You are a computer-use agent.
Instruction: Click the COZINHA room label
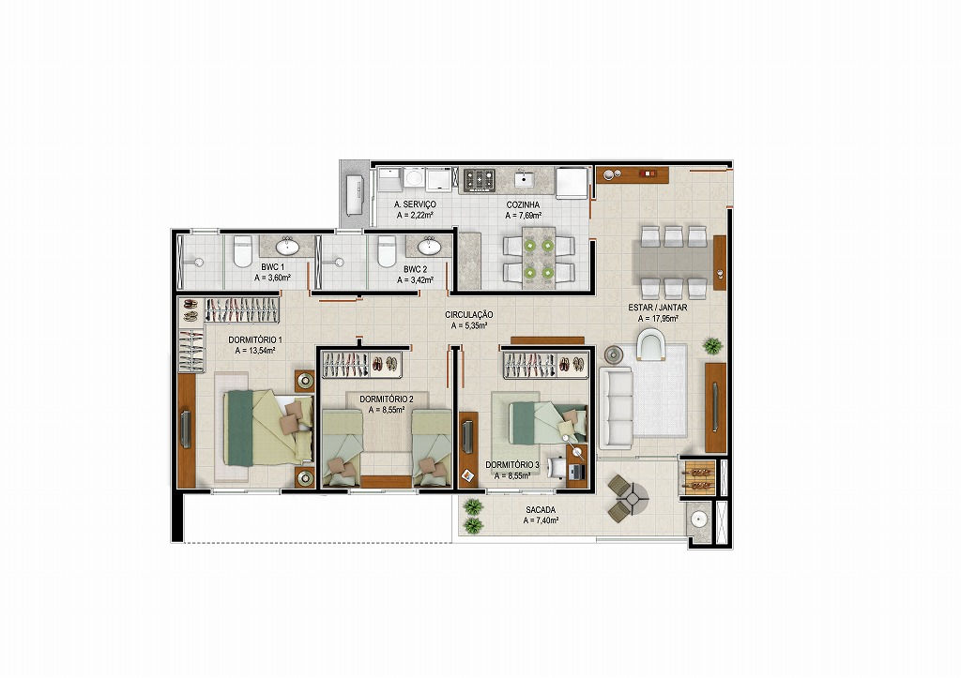[523, 205]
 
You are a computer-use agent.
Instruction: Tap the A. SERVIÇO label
[415, 204]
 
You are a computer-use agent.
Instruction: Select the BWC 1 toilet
[243, 251]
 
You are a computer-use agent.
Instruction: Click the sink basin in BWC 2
[430, 247]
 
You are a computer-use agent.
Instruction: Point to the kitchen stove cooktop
[480, 180]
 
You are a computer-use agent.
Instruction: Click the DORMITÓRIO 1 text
[255, 339]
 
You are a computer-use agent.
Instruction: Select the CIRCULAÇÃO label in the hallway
[469, 315]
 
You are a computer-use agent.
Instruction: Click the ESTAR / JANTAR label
[658, 308]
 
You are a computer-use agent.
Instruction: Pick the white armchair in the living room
[650, 345]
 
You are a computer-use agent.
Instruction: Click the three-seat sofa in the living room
[616, 407]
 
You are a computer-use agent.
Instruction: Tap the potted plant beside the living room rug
[712, 345]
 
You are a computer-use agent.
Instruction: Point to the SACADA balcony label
[541, 509]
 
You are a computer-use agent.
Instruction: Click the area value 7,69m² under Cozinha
[524, 216]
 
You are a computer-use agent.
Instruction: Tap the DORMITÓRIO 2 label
[386, 399]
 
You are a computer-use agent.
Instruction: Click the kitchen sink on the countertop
[524, 180]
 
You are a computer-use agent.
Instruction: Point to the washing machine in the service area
[414, 178]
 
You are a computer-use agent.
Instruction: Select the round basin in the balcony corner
[698, 520]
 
